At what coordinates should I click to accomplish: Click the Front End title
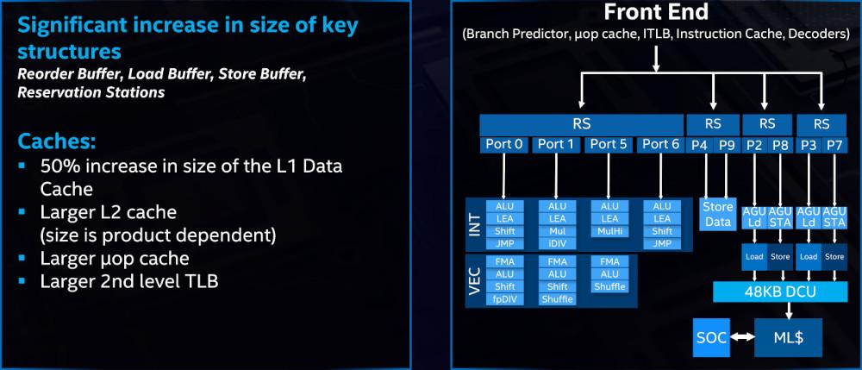657,14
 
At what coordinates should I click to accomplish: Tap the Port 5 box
609,144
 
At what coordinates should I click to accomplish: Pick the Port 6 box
661,144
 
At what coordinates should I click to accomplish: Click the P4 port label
699,144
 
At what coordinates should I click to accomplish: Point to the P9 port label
727,144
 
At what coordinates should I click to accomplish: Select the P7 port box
834,144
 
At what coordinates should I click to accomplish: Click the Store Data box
717,213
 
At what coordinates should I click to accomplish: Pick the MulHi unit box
609,231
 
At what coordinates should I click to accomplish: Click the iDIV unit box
557,244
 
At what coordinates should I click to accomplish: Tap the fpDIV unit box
504,299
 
